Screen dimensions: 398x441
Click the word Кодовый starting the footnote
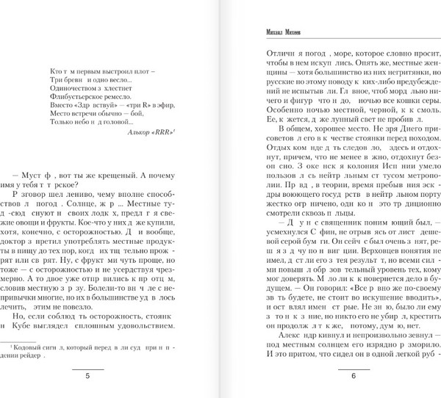click(x=28, y=346)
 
